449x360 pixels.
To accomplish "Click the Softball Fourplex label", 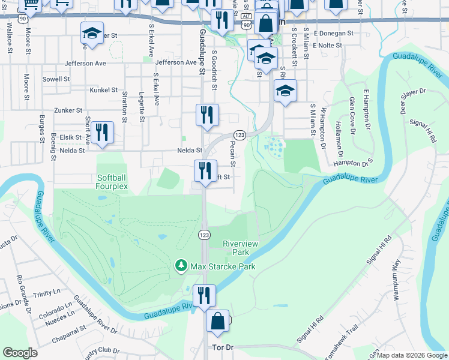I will tap(112, 182).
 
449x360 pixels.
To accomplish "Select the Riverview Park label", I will tap(240, 248).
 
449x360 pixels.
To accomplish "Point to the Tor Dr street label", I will tap(222, 347).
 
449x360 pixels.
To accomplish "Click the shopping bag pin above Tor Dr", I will tap(218, 321).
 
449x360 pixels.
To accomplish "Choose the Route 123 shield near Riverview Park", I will tap(204, 234).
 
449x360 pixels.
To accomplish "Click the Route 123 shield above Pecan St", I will tap(240, 136).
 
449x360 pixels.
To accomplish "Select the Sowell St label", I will tap(56, 79).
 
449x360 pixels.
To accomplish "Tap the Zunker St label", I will tap(68, 110).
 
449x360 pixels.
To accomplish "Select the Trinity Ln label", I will tap(48, 294).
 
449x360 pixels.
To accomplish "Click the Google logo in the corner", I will tap(20, 353).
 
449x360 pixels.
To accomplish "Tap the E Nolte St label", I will tap(327, 45).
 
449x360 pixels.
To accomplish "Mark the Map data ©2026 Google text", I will tap(412, 355).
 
